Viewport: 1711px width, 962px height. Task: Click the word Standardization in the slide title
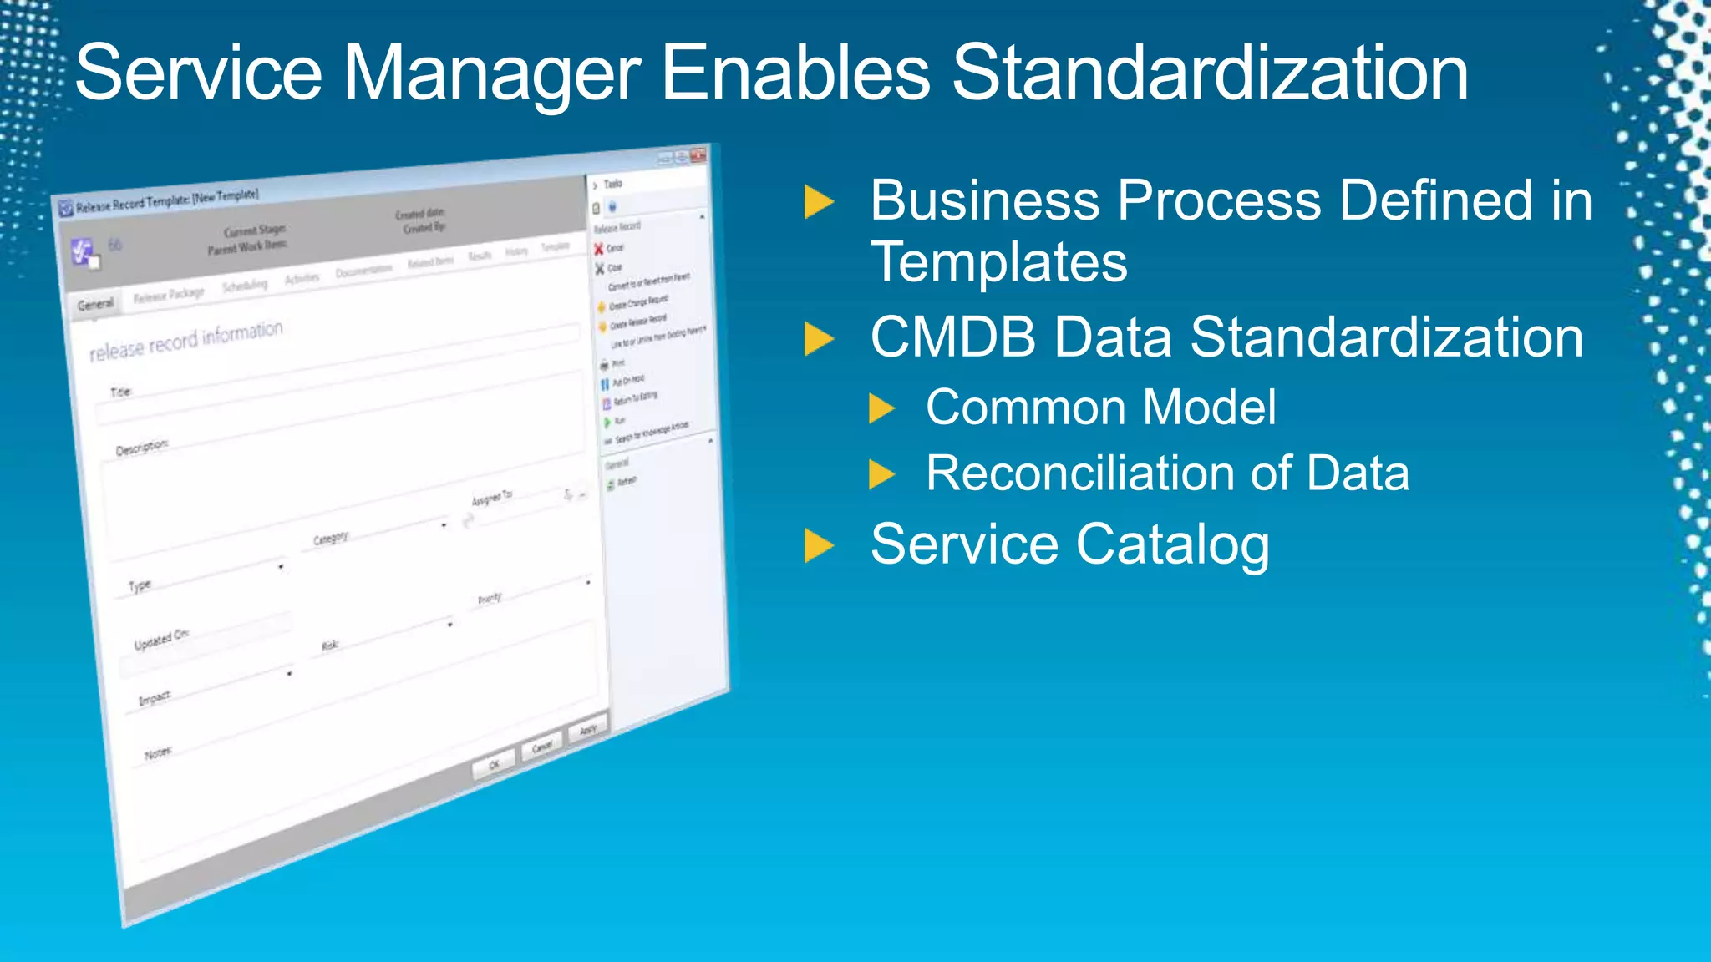(x=1209, y=73)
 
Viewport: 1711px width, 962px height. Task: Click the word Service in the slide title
(x=198, y=73)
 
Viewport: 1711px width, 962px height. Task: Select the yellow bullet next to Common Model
(x=881, y=409)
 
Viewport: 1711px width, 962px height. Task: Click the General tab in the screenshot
(x=95, y=304)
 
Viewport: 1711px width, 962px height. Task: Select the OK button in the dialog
(x=494, y=764)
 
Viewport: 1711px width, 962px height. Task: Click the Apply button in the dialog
(x=588, y=729)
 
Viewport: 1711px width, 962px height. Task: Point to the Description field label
(x=141, y=448)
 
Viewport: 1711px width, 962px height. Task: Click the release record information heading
(x=185, y=341)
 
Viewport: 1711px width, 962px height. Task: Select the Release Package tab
(x=169, y=295)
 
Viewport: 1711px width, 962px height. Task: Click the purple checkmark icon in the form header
(x=83, y=251)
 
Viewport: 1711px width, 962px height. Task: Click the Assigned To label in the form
(x=491, y=499)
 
